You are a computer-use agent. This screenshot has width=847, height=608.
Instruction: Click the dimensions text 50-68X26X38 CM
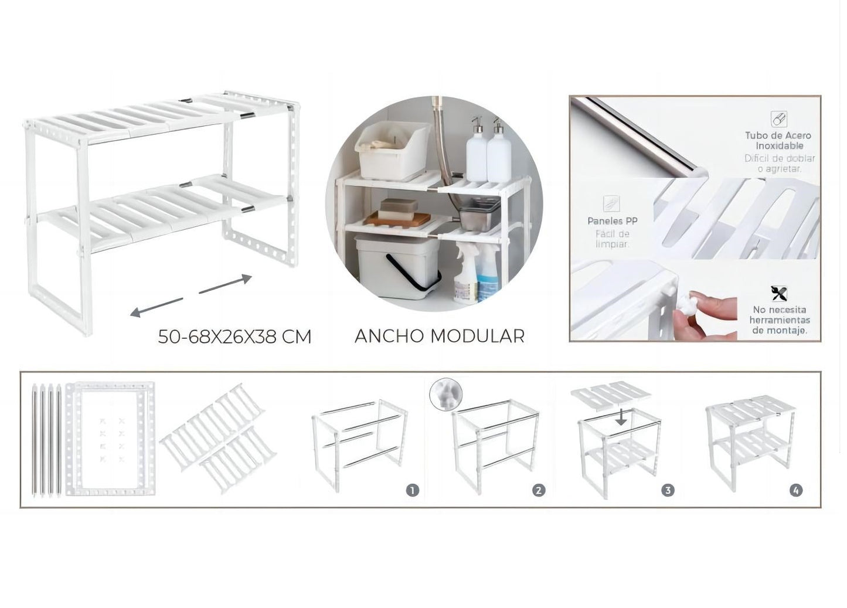pos(234,337)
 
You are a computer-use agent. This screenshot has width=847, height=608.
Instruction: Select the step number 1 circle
pos(413,490)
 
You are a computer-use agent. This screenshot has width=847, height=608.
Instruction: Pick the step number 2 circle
pos(539,490)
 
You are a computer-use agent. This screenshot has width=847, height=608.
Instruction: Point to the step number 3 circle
pos(668,490)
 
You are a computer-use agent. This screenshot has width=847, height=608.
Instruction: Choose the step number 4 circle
pos(795,490)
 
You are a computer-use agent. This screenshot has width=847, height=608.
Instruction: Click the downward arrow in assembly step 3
pos(622,417)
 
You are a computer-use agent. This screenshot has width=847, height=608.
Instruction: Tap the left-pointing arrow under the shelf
pos(155,307)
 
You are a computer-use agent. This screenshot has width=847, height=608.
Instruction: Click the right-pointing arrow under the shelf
pos(226,284)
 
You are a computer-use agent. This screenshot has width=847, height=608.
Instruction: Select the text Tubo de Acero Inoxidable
pos(778,140)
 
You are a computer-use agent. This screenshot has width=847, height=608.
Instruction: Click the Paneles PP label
pos(613,221)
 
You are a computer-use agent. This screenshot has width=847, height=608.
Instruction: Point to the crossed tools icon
pos(779,293)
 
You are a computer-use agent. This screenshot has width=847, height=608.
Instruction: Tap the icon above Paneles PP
pos(611,203)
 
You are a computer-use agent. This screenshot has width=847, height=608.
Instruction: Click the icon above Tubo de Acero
pos(778,119)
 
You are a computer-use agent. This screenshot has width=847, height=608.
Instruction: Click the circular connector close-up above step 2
pos(446,394)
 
